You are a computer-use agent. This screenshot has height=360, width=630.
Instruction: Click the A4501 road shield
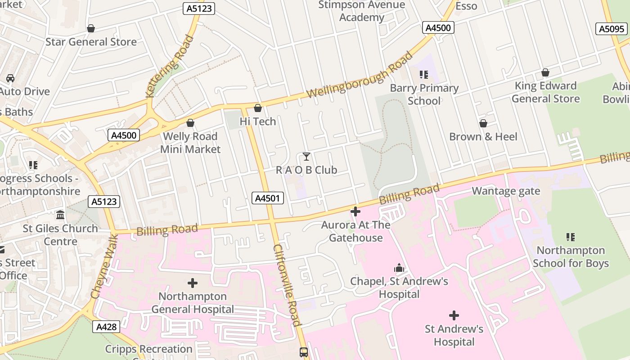point(267,198)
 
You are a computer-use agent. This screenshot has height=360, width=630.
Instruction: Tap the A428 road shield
point(107,327)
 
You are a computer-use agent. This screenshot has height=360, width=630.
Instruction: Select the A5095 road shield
point(612,29)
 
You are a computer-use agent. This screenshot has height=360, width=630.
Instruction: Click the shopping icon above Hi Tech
point(258,108)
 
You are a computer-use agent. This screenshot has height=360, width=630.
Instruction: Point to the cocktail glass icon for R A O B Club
point(306,157)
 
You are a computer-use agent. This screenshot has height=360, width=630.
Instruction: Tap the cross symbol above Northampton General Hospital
point(193,283)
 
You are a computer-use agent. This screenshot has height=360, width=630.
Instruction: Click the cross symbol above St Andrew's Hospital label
point(454,315)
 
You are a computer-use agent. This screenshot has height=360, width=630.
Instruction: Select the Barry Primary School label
point(424,94)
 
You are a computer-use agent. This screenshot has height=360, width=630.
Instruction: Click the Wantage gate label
point(506,191)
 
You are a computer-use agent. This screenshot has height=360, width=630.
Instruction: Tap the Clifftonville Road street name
point(286,285)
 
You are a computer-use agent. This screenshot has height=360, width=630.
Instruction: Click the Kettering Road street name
point(170,66)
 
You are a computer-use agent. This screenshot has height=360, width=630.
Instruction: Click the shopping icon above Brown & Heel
point(483,123)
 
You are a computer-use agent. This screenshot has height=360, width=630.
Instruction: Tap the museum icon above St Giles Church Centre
point(60,215)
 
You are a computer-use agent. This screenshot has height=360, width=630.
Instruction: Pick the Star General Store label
point(91,42)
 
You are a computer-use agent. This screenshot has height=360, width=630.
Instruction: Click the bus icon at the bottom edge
point(304,352)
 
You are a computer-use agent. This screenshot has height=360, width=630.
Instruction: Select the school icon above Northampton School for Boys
point(571,237)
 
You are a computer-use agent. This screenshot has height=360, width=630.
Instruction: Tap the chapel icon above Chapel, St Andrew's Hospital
point(399,269)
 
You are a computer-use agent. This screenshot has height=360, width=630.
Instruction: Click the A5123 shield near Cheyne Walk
point(104,202)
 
